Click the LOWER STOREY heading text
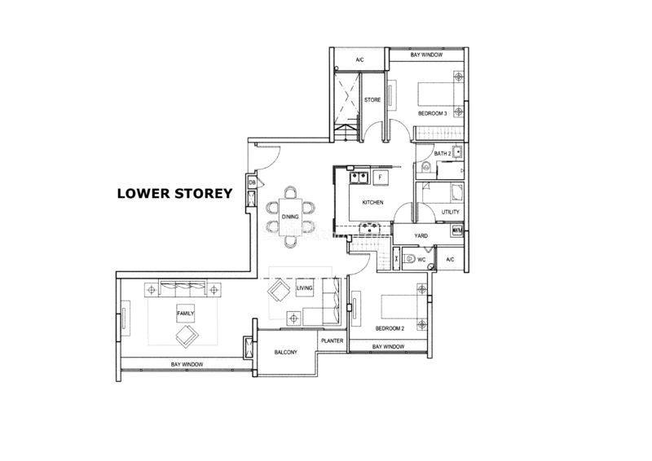(174, 193)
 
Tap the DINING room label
(290, 217)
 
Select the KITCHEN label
(372, 203)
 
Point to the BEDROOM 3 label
(433, 113)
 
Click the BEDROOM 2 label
(390, 328)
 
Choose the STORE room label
(372, 99)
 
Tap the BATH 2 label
(443, 153)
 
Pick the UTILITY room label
(451, 212)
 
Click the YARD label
(421, 235)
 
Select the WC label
(421, 260)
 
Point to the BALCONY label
(286, 352)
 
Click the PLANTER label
(333, 340)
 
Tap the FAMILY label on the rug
(186, 314)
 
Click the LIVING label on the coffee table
(304, 288)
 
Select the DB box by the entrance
(252, 183)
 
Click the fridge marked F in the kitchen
(380, 178)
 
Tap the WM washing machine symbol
(456, 230)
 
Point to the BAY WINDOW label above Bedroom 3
(426, 55)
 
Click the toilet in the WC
(409, 259)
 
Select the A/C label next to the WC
(450, 260)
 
